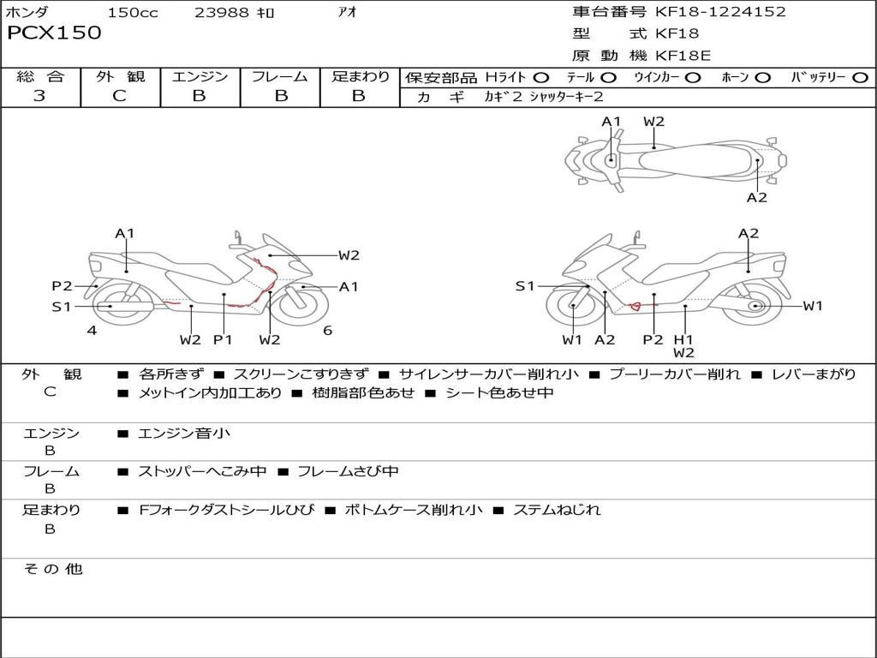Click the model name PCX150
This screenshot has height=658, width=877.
click(x=54, y=33)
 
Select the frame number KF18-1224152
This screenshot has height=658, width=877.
click(x=720, y=12)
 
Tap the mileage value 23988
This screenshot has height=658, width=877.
click(x=222, y=13)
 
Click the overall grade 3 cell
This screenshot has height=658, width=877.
click(x=39, y=96)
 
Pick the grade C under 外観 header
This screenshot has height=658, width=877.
click(x=119, y=96)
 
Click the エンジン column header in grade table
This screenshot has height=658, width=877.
click(x=200, y=76)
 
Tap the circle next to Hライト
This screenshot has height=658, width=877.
click(x=541, y=77)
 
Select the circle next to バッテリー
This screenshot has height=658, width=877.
click(x=861, y=77)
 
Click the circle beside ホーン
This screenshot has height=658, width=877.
click(x=763, y=77)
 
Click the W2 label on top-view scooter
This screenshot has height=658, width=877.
click(x=653, y=122)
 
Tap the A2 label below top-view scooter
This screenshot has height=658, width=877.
click(x=756, y=198)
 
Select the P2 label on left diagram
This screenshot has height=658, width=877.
click(x=62, y=286)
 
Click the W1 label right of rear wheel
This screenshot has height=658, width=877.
click(x=812, y=306)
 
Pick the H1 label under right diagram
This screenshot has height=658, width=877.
click(x=683, y=339)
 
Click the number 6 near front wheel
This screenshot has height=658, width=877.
click(x=327, y=330)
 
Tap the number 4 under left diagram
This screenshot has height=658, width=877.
click(x=92, y=330)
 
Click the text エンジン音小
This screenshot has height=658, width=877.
click(x=184, y=434)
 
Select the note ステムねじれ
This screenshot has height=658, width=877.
click(x=557, y=510)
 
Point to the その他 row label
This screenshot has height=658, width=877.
click(x=52, y=569)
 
